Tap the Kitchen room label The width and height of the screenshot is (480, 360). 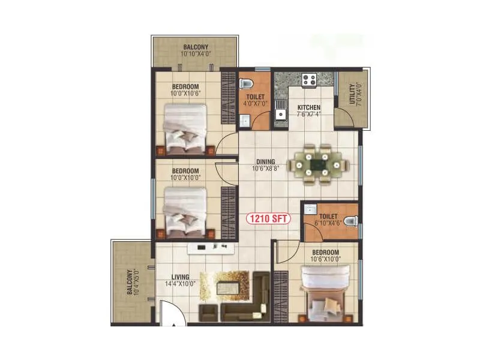click(309, 108)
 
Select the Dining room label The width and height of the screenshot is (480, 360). click(265, 161)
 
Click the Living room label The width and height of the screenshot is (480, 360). click(181, 277)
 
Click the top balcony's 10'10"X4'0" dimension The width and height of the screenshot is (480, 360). click(196, 54)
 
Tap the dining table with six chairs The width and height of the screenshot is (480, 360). click(316, 162)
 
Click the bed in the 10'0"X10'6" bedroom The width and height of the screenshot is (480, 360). click(185, 128)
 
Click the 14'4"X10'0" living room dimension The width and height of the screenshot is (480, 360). click(181, 284)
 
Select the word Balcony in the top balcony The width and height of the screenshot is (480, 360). click(196, 47)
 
